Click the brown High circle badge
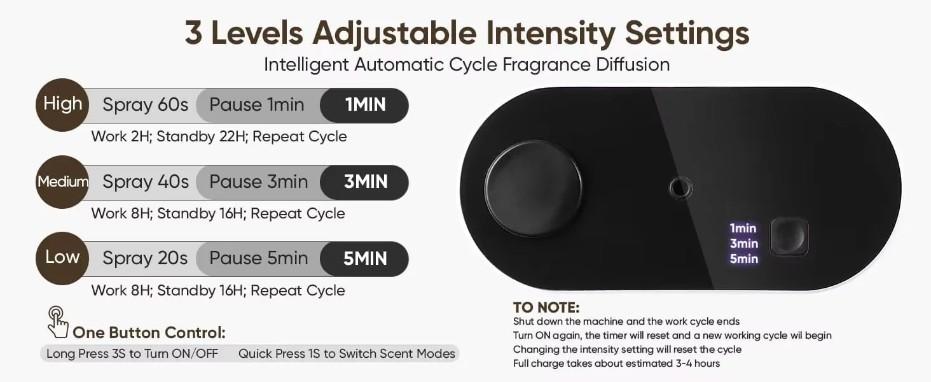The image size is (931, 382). click(62, 105)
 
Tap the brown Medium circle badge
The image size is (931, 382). click(62, 182)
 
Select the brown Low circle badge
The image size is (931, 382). click(62, 258)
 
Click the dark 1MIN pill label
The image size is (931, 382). click(364, 105)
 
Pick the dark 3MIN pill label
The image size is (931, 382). click(364, 182)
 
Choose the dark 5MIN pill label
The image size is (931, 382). click(364, 259)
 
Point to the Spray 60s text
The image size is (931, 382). click(146, 105)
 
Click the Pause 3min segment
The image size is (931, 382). click(259, 182)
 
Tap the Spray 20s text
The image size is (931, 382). click(145, 258)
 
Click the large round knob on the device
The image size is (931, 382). click(534, 188)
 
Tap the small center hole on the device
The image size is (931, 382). click(680, 188)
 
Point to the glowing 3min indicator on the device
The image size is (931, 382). click(744, 243)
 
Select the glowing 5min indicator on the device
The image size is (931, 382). click(744, 259)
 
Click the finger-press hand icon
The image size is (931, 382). click(58, 323)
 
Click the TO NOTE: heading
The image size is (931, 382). click(546, 308)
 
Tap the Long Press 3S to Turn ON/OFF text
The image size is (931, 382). click(132, 354)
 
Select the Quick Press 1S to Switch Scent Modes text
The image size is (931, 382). click(347, 354)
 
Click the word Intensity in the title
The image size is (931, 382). click(550, 33)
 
